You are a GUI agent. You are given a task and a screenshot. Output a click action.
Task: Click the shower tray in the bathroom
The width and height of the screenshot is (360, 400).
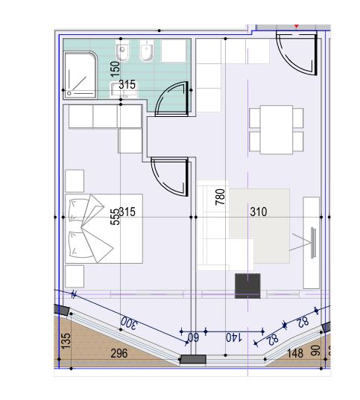tap(80, 75)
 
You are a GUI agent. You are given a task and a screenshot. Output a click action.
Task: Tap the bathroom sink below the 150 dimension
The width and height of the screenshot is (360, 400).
tap(123, 90)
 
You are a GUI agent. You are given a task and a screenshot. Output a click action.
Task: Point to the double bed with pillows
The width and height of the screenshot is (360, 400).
tap(104, 229)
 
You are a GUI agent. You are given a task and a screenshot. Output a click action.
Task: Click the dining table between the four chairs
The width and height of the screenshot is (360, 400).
tap(277, 130)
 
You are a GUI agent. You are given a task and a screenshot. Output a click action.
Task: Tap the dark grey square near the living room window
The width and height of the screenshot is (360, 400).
tap(247, 286)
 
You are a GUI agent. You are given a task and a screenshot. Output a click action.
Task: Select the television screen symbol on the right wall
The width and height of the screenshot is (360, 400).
tap(313, 243)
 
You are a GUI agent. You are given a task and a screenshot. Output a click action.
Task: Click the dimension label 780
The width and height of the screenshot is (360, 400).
tap(220, 197)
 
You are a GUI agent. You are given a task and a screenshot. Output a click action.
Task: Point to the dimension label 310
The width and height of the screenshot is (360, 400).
tap(259, 212)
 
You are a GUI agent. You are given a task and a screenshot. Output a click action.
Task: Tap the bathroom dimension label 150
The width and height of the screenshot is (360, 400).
tap(115, 69)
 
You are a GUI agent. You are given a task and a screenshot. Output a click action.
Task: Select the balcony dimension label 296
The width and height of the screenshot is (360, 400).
tap(119, 353)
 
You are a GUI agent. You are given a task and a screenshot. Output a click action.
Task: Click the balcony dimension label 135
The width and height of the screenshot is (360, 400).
tap(66, 341)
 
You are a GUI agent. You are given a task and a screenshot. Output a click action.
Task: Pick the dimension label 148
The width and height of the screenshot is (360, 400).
tap(295, 353)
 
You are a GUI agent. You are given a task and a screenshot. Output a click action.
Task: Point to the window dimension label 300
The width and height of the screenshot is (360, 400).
tap(129, 323)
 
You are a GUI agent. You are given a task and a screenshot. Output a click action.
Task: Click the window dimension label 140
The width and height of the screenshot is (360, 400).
tap(234, 337)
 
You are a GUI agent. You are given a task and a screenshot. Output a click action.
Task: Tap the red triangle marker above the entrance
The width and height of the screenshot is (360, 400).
tap(296, 26)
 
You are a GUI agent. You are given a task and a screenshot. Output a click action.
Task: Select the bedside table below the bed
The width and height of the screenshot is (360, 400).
tap(75, 276)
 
